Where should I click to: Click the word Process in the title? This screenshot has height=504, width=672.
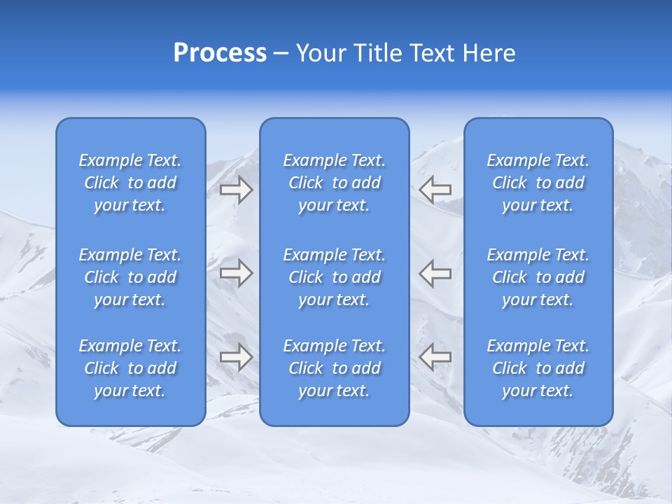tap(220, 53)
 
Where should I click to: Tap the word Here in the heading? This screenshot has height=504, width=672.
tap(489, 53)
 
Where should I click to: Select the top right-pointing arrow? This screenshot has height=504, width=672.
tap(236, 190)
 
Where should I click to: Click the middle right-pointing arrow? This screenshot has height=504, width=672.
tap(236, 273)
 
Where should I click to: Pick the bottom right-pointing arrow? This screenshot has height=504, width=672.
tap(236, 357)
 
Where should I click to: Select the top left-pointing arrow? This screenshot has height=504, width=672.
tap(435, 190)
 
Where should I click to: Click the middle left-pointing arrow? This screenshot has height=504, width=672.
tap(435, 273)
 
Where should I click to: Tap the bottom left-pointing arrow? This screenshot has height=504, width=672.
tap(435, 357)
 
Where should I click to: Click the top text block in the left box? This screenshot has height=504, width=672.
tap(130, 183)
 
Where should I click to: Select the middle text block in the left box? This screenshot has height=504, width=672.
tap(130, 277)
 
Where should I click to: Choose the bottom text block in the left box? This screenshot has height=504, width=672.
tap(130, 368)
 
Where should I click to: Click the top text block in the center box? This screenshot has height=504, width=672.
tap(334, 183)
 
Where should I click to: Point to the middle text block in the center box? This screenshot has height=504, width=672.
tap(334, 277)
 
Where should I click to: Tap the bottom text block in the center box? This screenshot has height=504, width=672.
tap(334, 368)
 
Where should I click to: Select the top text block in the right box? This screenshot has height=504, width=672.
tap(538, 183)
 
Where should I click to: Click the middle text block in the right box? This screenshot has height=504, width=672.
tap(538, 277)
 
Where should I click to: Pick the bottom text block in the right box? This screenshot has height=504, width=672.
tap(538, 368)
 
